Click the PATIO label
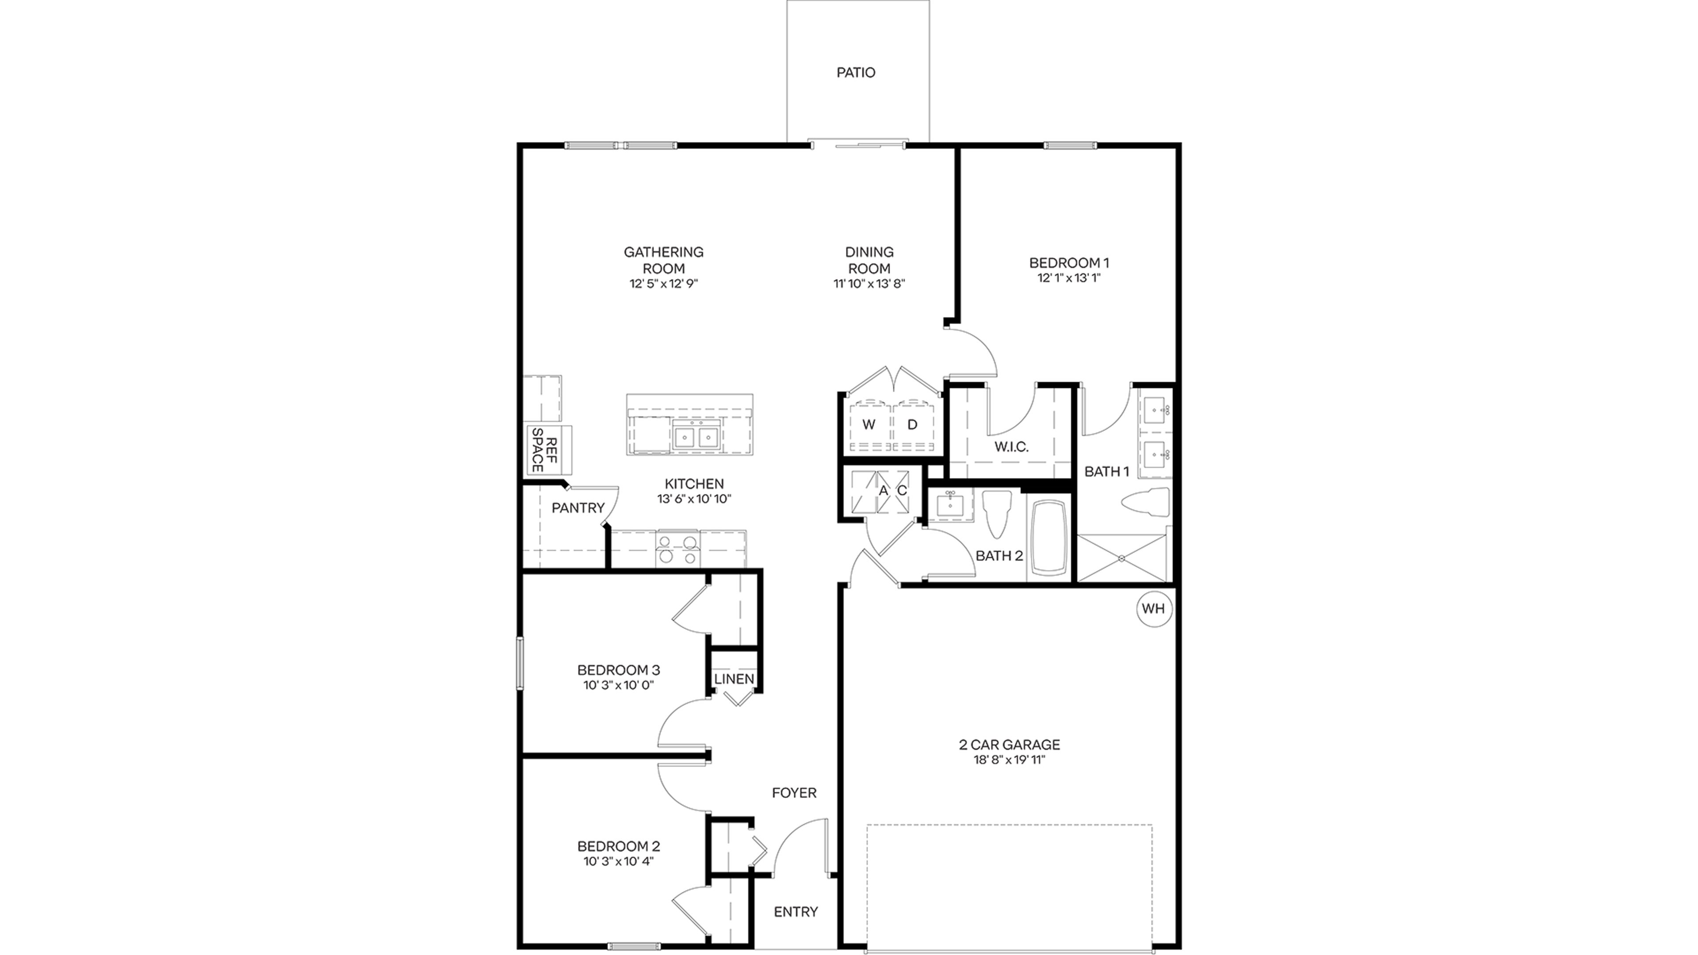pyautogui.click(x=856, y=73)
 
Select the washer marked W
pyautogui.click(x=869, y=425)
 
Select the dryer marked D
pyautogui.click(x=912, y=425)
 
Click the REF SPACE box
pyautogui.click(x=548, y=450)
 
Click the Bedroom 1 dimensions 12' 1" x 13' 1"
pyautogui.click(x=1068, y=278)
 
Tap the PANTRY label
pyautogui.click(x=577, y=508)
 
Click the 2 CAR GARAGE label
pyautogui.click(x=1009, y=745)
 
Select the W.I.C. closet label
pyautogui.click(x=1011, y=447)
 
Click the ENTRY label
pyautogui.click(x=795, y=912)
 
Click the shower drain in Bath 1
pyautogui.click(x=1121, y=558)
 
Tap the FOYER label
pyautogui.click(x=794, y=793)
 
